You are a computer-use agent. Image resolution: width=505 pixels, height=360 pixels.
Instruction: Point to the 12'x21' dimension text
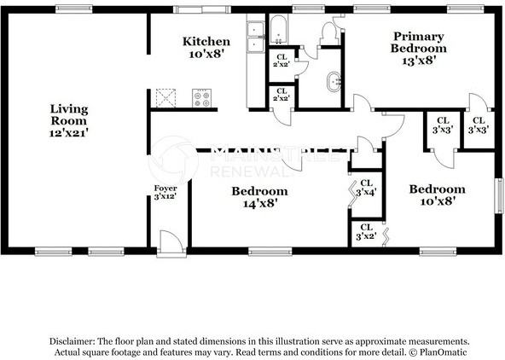[x=69, y=133]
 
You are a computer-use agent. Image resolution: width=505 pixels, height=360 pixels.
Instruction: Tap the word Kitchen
[x=206, y=41]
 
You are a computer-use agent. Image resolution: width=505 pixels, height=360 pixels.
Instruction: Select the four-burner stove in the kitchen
[x=202, y=98]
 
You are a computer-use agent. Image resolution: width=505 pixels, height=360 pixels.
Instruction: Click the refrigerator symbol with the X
[x=165, y=98]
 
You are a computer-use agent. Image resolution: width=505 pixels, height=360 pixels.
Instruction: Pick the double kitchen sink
[x=255, y=32]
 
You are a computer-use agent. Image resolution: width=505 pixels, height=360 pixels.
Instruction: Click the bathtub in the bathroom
[x=281, y=30]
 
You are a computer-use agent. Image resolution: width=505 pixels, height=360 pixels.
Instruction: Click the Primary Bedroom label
[x=418, y=42]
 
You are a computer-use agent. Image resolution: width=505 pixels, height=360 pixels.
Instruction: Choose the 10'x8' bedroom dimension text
[x=436, y=202]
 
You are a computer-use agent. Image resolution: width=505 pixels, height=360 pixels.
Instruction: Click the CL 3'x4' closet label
[x=366, y=188]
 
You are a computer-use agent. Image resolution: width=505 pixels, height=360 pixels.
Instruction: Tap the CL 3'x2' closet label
[x=366, y=232]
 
